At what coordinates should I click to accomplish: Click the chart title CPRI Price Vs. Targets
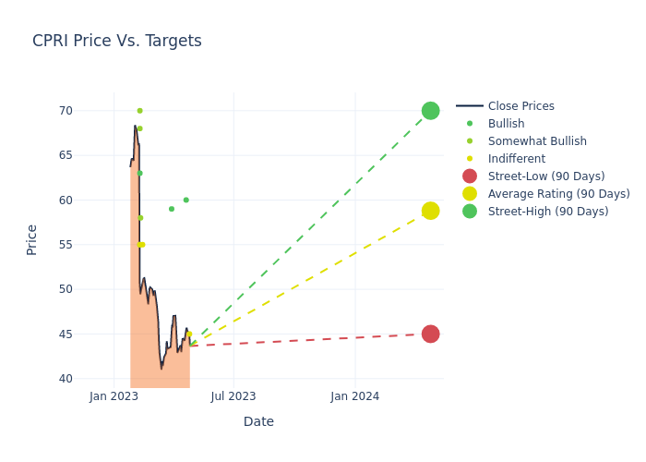117,41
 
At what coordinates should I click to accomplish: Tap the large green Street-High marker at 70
430,111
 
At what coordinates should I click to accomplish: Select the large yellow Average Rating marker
430,211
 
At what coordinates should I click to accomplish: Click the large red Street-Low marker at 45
430,334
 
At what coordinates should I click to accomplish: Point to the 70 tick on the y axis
91,111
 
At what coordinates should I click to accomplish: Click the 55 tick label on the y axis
91,245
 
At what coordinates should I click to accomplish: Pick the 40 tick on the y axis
91,379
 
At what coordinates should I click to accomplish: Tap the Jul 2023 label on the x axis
233,396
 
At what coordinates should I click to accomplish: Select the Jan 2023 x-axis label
114,396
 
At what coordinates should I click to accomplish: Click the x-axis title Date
258,421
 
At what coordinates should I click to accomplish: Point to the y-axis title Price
32,239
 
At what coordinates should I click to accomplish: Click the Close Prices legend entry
520,106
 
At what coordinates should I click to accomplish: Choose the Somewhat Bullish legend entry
537,141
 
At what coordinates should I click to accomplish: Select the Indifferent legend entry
516,159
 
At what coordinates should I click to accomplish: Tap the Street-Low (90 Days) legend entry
545,176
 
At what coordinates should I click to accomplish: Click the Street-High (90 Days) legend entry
548,212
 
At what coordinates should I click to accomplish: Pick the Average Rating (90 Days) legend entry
558,194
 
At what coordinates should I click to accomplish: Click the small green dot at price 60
185,200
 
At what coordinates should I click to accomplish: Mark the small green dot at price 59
171,209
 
